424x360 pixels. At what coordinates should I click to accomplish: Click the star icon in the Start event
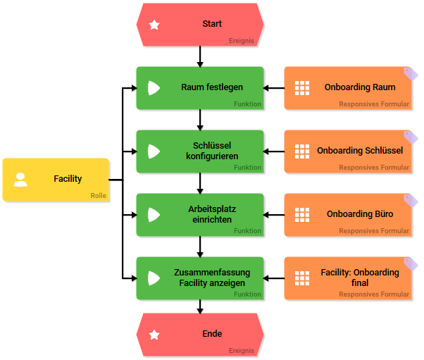154,25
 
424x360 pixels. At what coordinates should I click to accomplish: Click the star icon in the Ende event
154,335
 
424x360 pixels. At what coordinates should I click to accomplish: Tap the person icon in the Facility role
21,180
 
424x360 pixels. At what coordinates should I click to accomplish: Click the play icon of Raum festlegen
154,88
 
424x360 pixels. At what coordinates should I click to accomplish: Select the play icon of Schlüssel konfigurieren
154,151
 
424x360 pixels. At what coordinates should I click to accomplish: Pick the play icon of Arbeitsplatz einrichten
154,215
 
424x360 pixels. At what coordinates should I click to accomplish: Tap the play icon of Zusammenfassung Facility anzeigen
154,278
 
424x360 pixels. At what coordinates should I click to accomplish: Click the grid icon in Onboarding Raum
302,88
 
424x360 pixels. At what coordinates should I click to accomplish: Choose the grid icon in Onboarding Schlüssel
302,151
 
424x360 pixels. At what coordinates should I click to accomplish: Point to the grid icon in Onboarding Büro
302,215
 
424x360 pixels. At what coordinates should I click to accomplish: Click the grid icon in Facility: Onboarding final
302,278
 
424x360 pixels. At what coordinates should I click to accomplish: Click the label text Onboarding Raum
360,87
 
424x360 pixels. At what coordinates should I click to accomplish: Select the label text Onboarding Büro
360,214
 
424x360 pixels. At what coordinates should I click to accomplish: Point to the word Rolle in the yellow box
99,196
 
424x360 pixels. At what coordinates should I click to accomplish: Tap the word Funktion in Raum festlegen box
248,104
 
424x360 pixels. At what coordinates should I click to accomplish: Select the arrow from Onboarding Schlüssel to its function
274,151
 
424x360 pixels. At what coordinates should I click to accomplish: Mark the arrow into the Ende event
201,306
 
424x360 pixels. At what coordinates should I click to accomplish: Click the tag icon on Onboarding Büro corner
411,199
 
